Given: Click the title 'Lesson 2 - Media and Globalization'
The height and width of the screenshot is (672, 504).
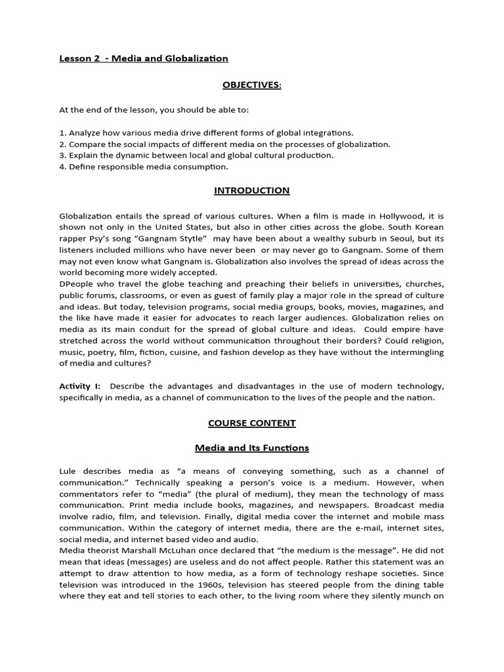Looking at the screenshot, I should pyautogui.click(x=144, y=58).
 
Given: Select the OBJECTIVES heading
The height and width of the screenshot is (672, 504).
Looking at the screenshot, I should pyautogui.click(x=251, y=86).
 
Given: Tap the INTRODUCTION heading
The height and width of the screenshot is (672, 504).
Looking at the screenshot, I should pyautogui.click(x=251, y=190).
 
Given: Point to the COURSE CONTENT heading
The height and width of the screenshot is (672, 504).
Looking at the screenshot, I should pyautogui.click(x=251, y=423).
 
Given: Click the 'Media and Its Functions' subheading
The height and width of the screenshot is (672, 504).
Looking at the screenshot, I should pyautogui.click(x=251, y=448).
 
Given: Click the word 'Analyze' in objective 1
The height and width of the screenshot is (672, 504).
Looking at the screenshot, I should pyautogui.click(x=85, y=133).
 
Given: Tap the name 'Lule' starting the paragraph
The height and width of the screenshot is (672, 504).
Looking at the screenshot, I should pyautogui.click(x=68, y=471).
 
